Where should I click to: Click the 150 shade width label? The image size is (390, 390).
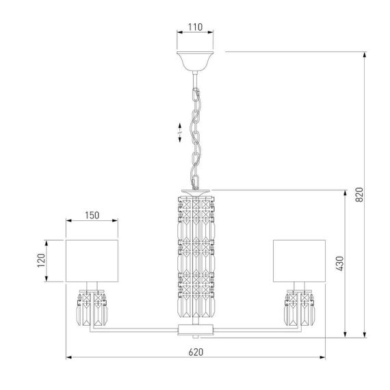(92, 215)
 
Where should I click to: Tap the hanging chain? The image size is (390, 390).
(195, 130)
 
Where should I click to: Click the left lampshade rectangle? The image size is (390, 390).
(92, 260)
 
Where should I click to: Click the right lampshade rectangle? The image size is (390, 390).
(299, 260)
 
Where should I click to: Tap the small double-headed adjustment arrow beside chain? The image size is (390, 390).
(179, 133)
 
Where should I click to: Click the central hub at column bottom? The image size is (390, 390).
(195, 329)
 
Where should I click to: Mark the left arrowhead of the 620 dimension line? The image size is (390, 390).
(68, 357)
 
